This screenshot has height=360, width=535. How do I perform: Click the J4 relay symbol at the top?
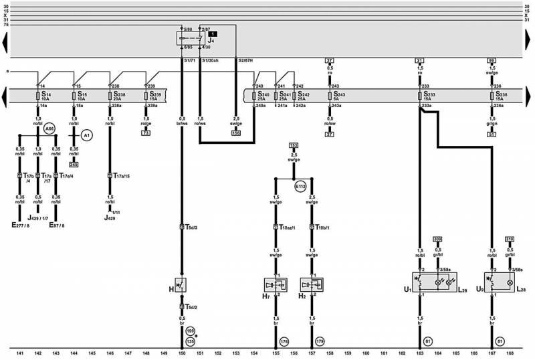coord(191,39)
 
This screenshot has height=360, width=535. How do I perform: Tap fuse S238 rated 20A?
coord(110,96)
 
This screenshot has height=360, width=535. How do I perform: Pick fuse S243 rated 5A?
coord(330,96)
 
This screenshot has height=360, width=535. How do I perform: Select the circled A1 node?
coord(86,134)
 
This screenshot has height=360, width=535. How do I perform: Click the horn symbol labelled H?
coord(181,285)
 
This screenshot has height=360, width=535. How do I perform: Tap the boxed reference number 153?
coord(294,145)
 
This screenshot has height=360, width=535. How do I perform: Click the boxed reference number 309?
coord(438,239)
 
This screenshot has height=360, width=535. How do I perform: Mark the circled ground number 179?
coord(320,341)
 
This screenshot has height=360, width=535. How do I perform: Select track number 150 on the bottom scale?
coord(182,353)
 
